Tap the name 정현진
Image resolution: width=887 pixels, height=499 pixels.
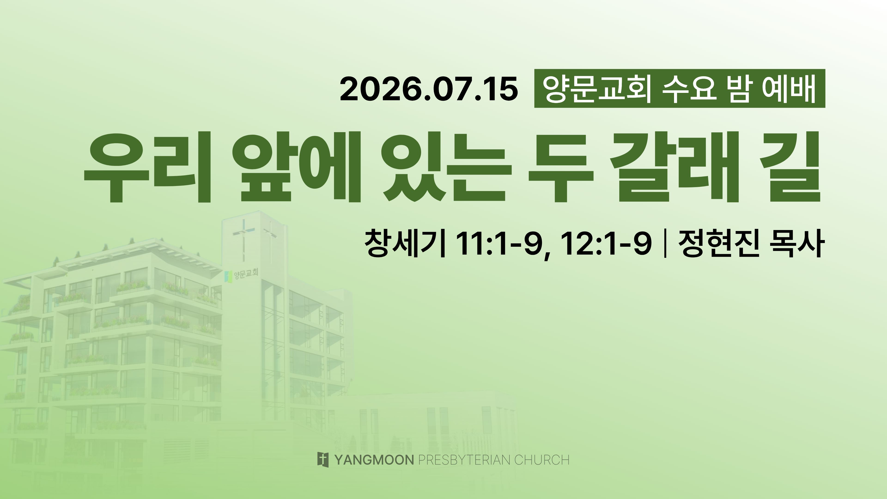click(x=719, y=243)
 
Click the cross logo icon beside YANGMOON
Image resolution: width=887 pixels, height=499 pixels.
click(x=323, y=460)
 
